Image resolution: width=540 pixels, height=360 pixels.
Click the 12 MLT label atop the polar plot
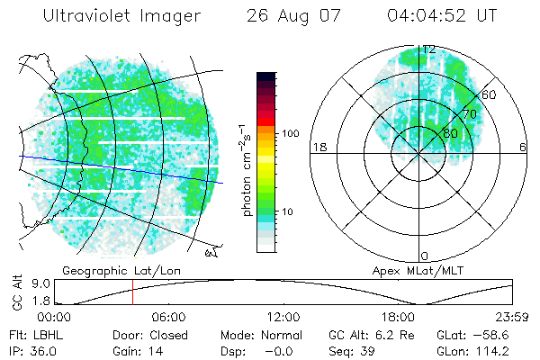[x=429, y=49]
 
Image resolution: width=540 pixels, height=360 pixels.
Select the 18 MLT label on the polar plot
[x=318, y=147]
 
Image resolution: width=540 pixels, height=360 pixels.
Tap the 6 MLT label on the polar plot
[x=523, y=147]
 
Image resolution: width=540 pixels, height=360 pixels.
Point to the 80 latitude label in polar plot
[x=450, y=133]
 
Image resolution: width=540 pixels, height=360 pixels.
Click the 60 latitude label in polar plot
[x=490, y=94]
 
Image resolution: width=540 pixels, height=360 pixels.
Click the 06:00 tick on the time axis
[x=168, y=318]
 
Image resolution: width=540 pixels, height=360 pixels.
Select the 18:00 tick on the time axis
[x=397, y=318]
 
